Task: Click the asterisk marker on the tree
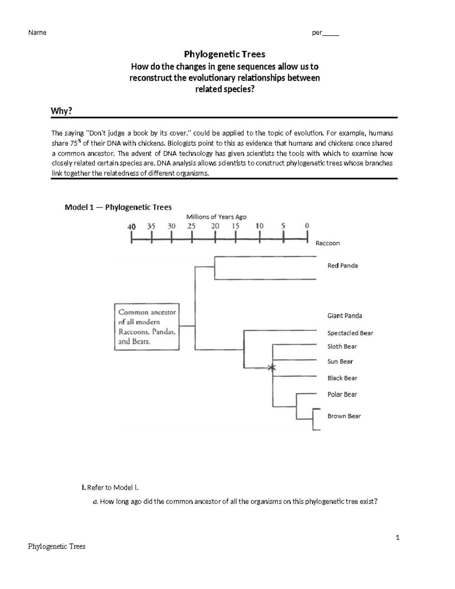271,367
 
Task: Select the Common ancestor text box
147,327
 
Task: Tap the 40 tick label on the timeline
131,227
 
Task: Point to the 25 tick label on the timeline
191,226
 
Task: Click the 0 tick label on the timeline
307,226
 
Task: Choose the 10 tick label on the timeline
259,226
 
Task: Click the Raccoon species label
328,243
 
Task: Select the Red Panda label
342,265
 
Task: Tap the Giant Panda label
344,316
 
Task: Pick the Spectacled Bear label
350,333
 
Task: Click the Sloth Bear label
342,346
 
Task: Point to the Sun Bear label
340,361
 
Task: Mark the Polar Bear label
342,394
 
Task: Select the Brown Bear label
344,416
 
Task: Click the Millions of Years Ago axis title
216,217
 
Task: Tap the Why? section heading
61,111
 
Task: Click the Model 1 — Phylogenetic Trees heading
118,207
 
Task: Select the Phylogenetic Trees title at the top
224,54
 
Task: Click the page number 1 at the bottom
397,537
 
